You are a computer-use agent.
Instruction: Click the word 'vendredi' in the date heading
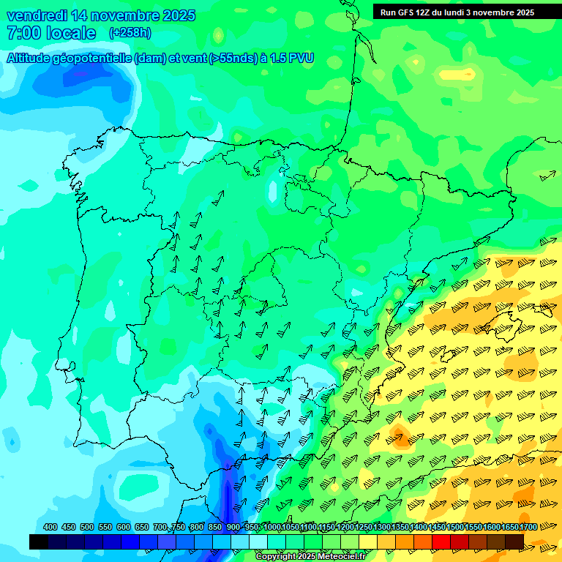[x=37, y=15]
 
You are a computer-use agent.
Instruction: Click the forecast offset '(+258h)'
[x=130, y=33]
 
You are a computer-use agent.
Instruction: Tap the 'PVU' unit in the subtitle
[x=299, y=58]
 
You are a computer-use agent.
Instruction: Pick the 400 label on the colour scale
[x=50, y=527]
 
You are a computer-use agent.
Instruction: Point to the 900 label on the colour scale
[x=233, y=527]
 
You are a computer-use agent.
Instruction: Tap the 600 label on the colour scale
[x=124, y=527]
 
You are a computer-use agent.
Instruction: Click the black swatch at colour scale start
[x=39, y=542]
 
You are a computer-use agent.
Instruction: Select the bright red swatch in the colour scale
[x=441, y=542]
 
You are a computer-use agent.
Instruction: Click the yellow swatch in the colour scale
[x=368, y=542]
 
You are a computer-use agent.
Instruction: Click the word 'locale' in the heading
[x=71, y=33]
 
